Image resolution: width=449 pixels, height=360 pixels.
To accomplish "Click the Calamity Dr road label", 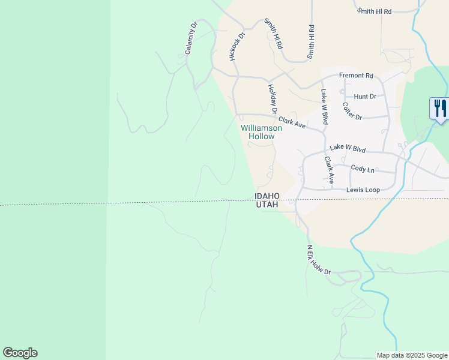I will (x=191, y=39).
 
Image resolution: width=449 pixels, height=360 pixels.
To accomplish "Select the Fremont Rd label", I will (x=356, y=76).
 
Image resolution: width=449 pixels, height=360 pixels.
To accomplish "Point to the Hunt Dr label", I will (x=365, y=96).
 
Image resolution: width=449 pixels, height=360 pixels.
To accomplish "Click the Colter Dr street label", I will (x=352, y=111).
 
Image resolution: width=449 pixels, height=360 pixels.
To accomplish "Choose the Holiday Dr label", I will (x=272, y=99).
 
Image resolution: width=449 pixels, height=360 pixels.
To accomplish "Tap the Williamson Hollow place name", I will (x=258, y=132).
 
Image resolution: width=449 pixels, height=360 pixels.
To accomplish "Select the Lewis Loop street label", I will (x=363, y=190).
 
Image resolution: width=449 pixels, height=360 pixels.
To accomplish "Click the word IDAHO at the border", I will (x=267, y=196).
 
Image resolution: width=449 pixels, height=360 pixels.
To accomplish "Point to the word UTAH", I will (x=267, y=205).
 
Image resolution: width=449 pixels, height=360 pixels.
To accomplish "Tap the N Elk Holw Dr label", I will (x=319, y=260).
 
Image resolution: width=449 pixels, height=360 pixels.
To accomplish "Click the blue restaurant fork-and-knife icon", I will (x=440, y=109).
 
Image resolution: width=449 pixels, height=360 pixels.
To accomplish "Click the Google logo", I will (x=20, y=353).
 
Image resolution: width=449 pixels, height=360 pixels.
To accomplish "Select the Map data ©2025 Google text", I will (x=412, y=355).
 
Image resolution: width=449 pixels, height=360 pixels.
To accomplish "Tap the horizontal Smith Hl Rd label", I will (x=374, y=11).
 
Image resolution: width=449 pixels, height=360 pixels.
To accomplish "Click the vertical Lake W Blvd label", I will (x=325, y=107).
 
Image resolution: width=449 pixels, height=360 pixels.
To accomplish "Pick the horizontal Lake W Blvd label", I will (x=348, y=148).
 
